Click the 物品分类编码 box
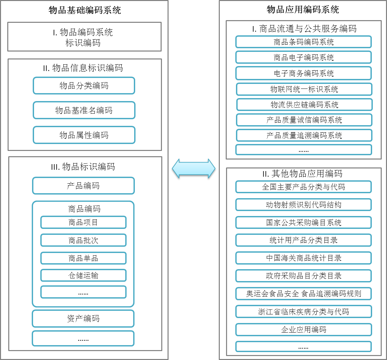click(84, 86)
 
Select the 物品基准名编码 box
click(84, 110)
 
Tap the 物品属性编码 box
click(84, 135)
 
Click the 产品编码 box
click(83, 186)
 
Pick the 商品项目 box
click(83, 222)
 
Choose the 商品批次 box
click(83, 240)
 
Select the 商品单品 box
click(83, 258)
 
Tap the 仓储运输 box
click(83, 275)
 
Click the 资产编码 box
click(83, 319)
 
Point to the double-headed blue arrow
click(194, 168)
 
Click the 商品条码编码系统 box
click(303, 42)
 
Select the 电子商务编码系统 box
click(303, 73)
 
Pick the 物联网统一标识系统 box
click(304, 89)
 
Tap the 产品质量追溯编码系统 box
click(304, 135)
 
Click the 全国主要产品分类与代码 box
click(303, 187)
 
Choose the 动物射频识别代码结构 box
click(303, 205)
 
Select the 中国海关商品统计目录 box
click(303, 258)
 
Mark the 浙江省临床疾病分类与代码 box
click(303, 311)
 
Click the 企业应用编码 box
click(303, 330)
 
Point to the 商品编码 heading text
click(84, 209)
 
